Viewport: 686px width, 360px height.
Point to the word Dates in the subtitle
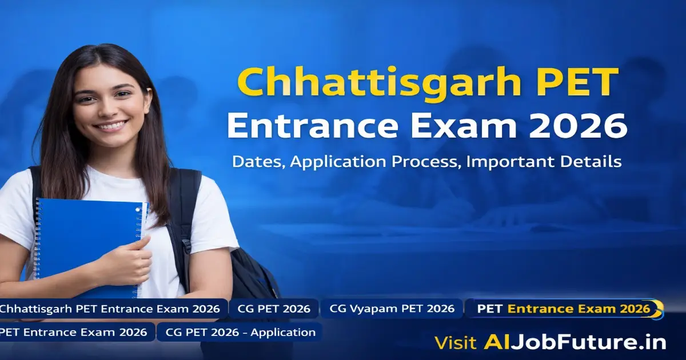[258, 162]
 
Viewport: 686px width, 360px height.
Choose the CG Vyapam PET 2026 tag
[392, 309]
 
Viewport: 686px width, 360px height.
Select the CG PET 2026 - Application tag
[240, 332]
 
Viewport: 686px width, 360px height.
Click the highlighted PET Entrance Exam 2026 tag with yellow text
[563, 309]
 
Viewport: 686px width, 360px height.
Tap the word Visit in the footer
[455, 342]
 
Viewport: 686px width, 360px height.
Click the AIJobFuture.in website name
[575, 342]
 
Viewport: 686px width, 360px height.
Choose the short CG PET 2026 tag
[274, 309]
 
